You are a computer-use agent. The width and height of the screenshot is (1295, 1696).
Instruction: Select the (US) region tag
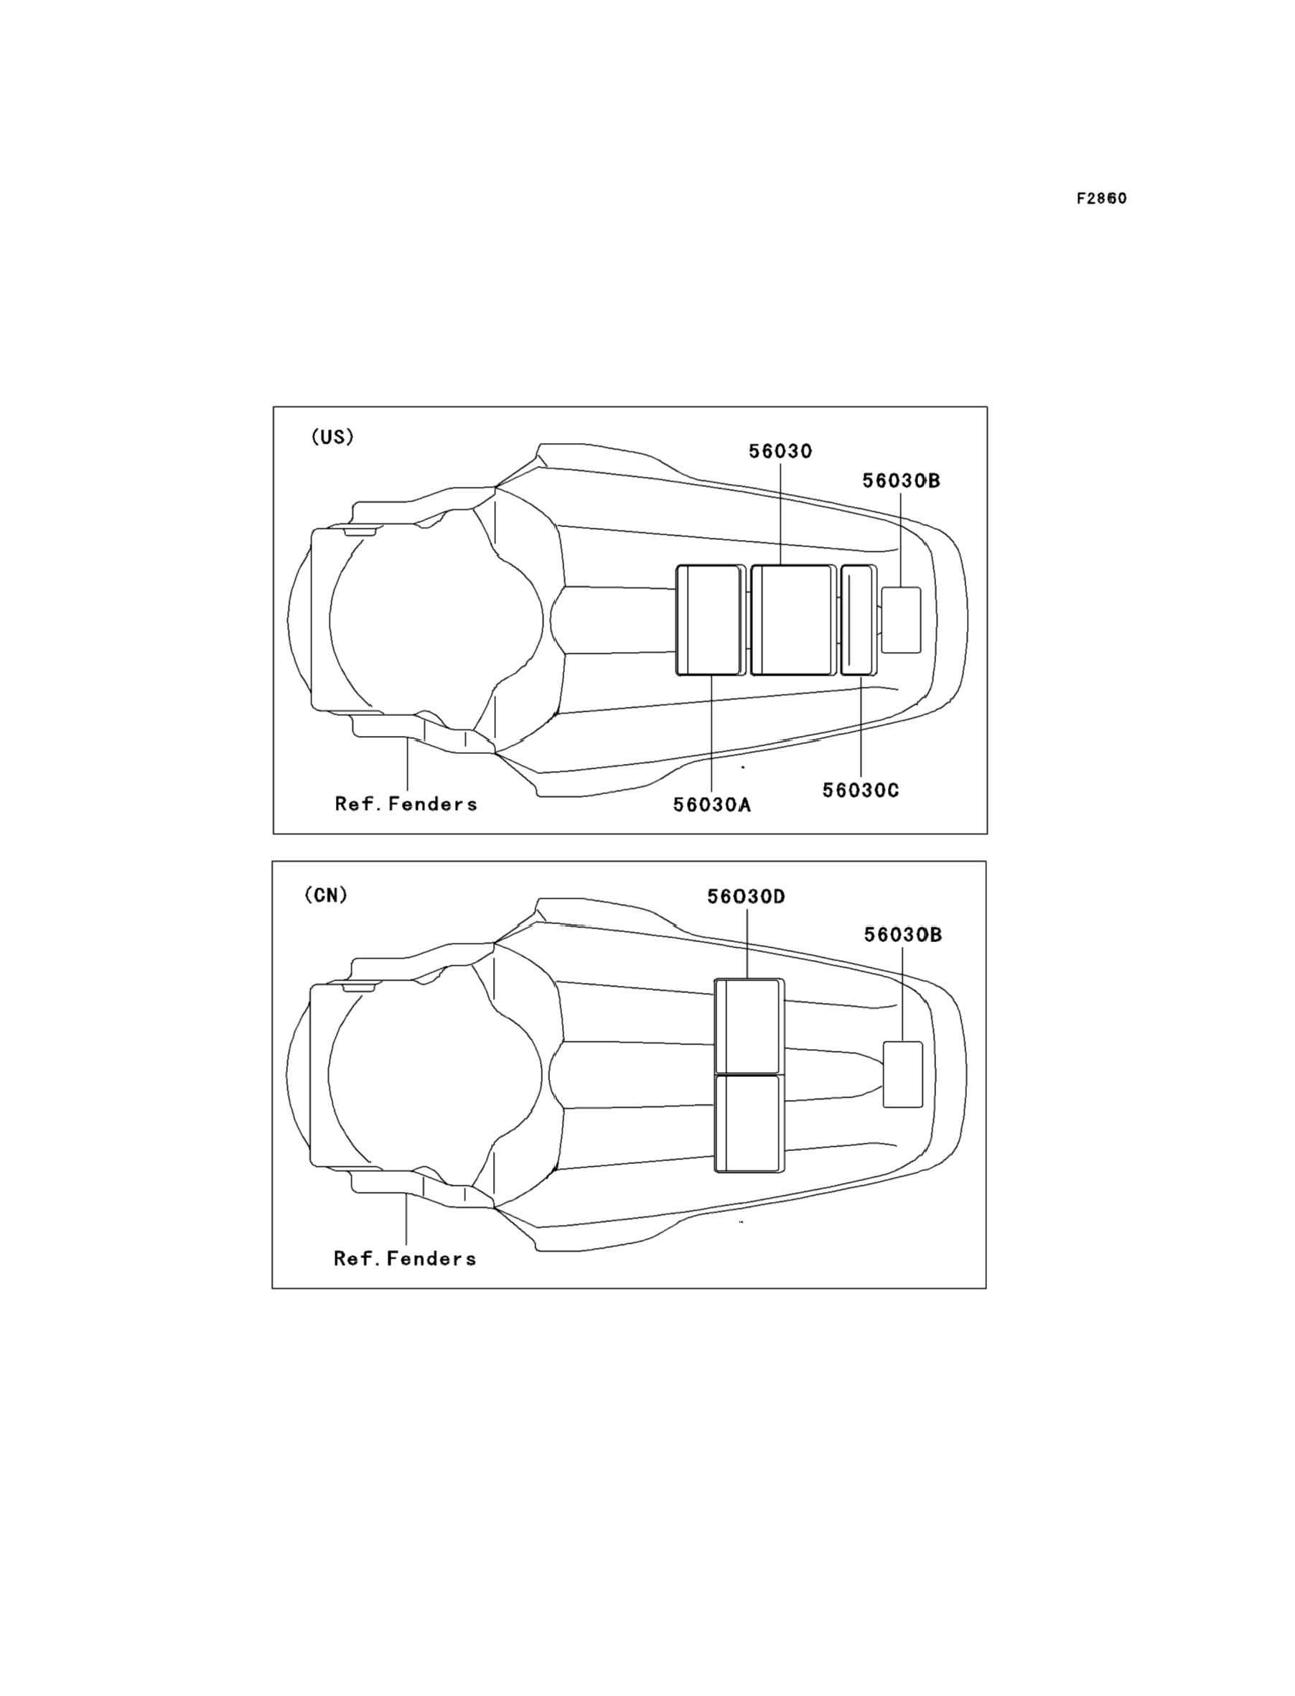coord(332,437)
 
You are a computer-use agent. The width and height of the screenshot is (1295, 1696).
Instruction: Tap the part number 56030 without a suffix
coord(780,452)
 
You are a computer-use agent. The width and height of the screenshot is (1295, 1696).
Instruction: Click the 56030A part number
coord(711,805)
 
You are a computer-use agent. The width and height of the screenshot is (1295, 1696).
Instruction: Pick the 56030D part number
coord(746,897)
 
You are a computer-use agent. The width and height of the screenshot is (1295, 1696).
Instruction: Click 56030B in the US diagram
coord(901,481)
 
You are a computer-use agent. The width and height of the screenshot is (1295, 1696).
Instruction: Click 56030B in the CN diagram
coord(902,935)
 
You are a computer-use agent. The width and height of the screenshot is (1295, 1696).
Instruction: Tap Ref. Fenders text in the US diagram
coord(406,804)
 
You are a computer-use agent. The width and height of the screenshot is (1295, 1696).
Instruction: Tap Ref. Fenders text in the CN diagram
coord(405,1259)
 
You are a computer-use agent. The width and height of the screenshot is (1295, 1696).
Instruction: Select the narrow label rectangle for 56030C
coord(858,620)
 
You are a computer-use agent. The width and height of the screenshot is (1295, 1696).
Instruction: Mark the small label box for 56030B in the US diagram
coord(901,620)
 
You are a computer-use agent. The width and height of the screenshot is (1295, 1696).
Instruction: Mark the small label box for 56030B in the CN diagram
coord(902,1075)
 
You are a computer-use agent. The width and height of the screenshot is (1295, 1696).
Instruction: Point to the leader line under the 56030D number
coord(747,944)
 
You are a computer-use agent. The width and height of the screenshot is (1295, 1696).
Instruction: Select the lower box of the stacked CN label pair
coord(748,1123)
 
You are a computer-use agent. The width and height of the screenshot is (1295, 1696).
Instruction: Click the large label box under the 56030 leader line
coord(793,620)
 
